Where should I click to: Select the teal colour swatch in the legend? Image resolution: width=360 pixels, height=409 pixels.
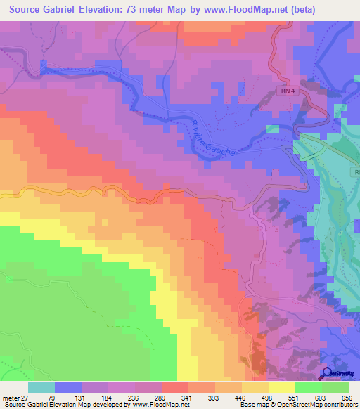coord(41,387)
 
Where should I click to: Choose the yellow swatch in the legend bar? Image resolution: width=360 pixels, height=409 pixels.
coord(282,387)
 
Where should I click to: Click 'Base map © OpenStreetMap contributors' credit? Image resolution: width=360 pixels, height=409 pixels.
coord(297,405)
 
